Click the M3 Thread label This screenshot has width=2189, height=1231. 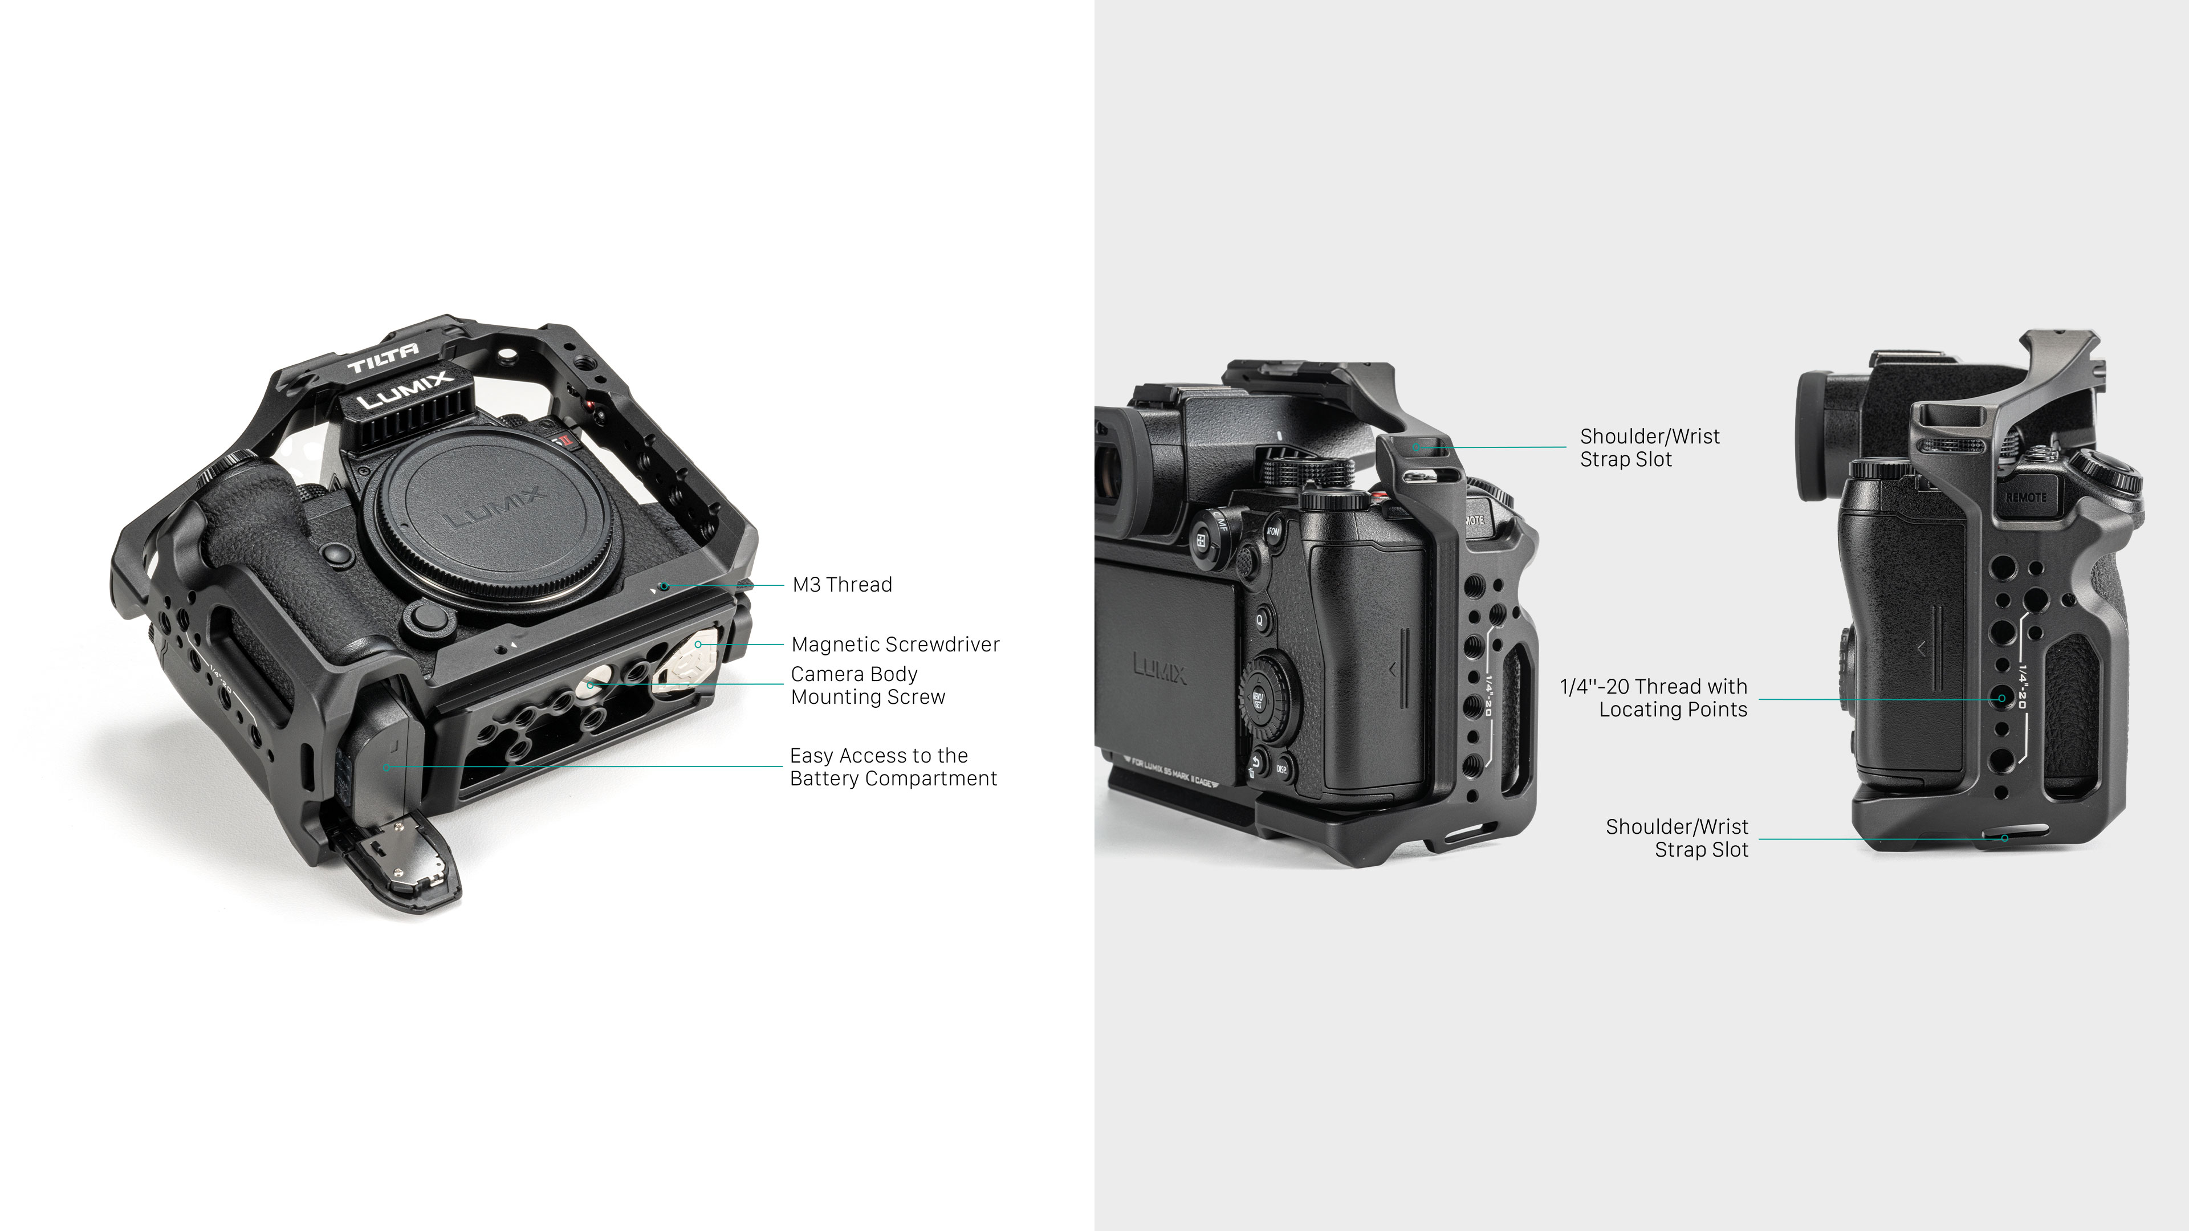pos(841,585)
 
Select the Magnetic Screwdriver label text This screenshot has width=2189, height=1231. pos(895,645)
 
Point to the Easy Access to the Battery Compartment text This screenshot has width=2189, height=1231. pos(892,767)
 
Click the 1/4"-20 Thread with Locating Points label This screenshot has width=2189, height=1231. pos(1654,698)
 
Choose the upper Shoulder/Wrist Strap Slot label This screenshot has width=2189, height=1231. pos(1649,448)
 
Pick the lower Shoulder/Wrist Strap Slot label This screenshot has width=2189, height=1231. pos(1677,838)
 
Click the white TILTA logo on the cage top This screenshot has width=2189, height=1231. pos(383,358)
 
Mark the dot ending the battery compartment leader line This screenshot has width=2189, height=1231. pos(386,767)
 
